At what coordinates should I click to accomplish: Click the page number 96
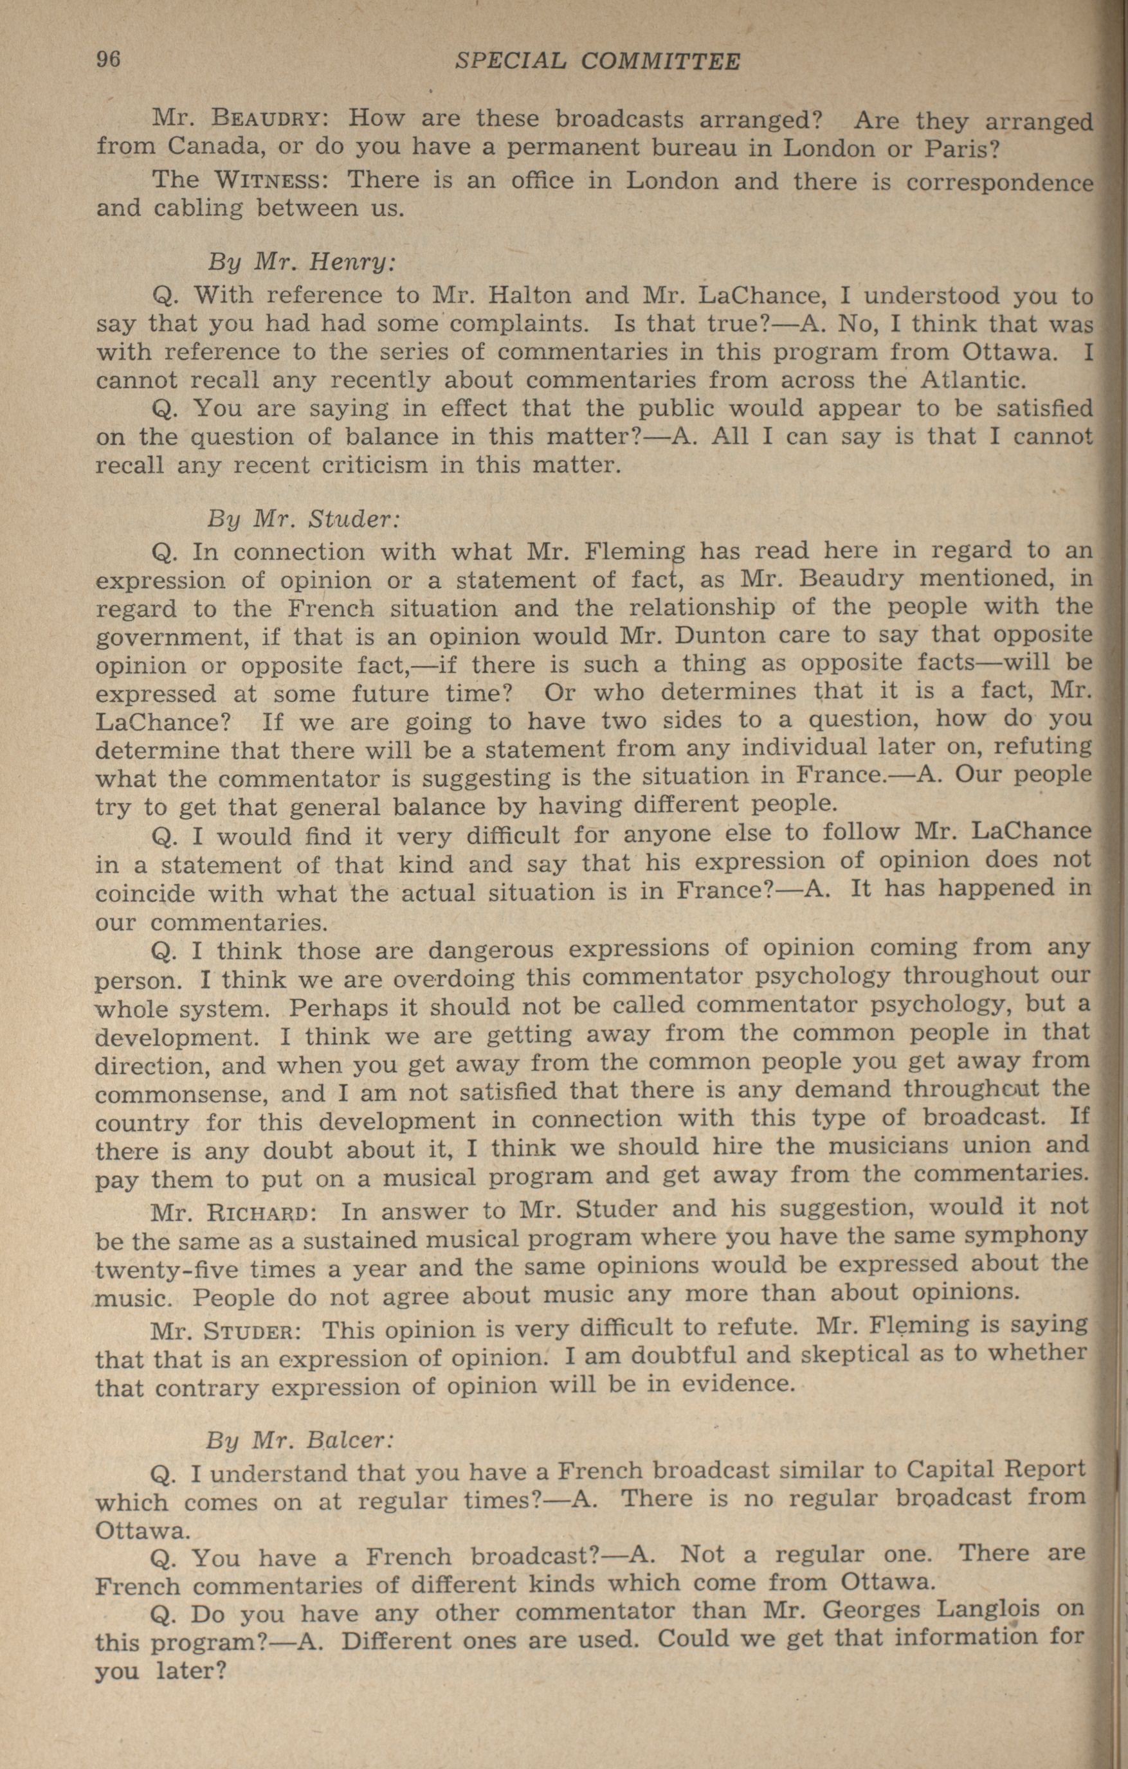[108, 60]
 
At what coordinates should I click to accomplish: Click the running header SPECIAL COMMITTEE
[597, 61]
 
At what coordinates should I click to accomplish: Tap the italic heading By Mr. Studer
[304, 519]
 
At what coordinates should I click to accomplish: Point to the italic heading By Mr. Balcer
[300, 1439]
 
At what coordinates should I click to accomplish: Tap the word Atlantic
[970, 381]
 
